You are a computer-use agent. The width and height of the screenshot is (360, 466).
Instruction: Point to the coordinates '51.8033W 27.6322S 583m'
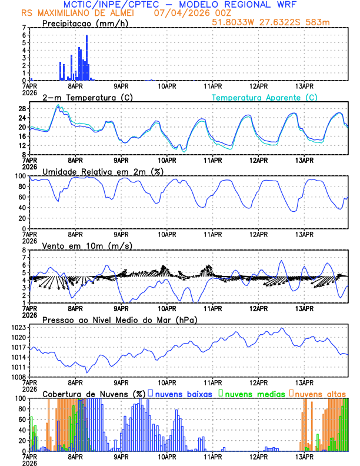[279, 22]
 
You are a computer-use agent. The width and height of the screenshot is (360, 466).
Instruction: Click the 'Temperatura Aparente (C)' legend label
[264, 97]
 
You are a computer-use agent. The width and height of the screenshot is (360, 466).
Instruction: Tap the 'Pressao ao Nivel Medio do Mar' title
[119, 319]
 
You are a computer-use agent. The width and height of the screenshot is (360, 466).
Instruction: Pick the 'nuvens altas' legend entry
[320, 393]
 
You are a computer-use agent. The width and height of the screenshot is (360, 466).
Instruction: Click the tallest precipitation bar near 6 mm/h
[86, 58]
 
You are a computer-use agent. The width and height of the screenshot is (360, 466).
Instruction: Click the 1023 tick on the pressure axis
[18, 327]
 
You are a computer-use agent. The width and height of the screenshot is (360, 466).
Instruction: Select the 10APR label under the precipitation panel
[168, 85]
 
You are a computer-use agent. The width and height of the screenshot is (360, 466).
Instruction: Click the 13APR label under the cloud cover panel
[304, 456]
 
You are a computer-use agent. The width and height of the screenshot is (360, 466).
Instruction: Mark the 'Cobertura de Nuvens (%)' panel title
[94, 393]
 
